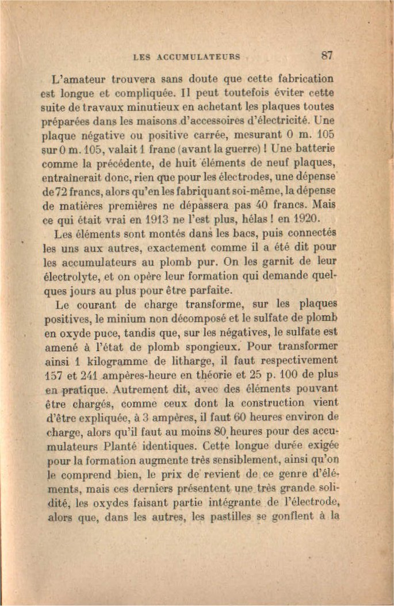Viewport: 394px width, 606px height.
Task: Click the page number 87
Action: (327, 56)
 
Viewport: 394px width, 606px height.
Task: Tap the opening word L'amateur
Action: (78, 79)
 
